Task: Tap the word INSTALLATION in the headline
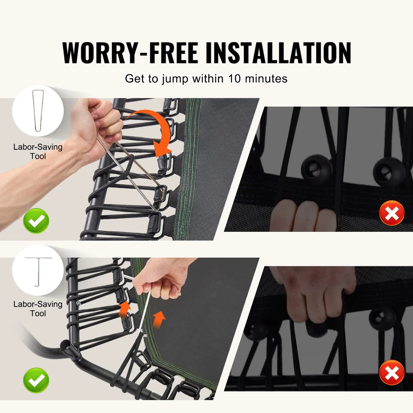coord(278,52)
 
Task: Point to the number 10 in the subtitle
coord(234,78)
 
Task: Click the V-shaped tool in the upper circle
coord(38,111)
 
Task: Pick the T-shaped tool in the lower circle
coord(38,271)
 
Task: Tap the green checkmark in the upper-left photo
coord(36,221)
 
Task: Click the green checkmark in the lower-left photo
coord(36,380)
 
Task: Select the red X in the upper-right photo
coord(391,213)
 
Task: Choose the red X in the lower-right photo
coord(391,372)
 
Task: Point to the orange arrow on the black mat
coord(159,319)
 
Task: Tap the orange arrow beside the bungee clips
coord(125,309)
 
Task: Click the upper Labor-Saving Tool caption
coord(38,151)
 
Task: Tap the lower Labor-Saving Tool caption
coord(38,309)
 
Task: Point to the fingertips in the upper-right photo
coord(303,215)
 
